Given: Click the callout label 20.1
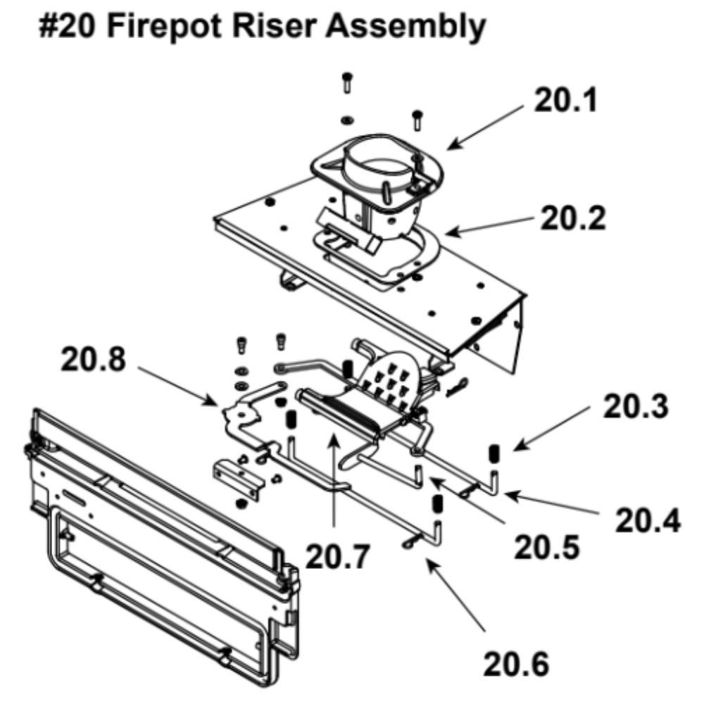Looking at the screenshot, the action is (x=566, y=100).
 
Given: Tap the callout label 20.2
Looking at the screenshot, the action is (x=573, y=218).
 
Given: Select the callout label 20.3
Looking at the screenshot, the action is (x=636, y=406).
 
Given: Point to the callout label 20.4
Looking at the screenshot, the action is (x=648, y=520).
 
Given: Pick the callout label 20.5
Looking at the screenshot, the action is (x=547, y=547).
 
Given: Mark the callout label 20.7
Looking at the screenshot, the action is (x=338, y=556).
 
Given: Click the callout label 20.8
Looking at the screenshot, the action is (x=94, y=359).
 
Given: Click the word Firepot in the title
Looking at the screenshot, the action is (x=165, y=27).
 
